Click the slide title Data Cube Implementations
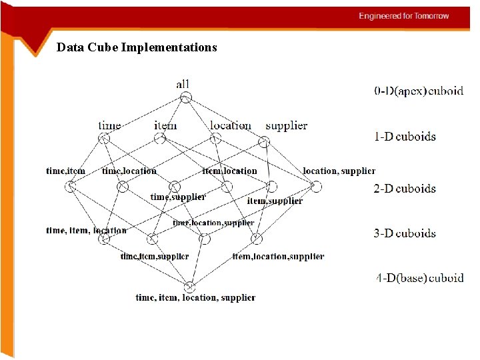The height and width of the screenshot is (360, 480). coord(137,47)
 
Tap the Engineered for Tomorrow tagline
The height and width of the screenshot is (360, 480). coord(404,16)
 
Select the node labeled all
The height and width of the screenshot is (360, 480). coord(183,84)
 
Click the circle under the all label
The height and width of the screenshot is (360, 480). coord(186,97)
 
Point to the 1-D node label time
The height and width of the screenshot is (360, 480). coord(109,125)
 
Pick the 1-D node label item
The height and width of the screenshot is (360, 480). coord(165,125)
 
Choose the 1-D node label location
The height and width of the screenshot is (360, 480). coord(230,125)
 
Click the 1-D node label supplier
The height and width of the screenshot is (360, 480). coord(286,125)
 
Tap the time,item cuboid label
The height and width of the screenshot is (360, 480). coord(65,171)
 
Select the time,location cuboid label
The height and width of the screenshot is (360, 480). coord(129,171)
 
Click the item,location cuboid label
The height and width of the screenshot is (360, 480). coord(230,171)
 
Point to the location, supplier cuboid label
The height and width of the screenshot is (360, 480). coord(339,171)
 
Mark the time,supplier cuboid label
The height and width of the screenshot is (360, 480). coord(178,197)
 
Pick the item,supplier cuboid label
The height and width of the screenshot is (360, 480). coord(275,201)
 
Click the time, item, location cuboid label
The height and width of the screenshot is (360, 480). coord(86,231)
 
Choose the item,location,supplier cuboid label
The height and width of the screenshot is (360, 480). coord(278,256)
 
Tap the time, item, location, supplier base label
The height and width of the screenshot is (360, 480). coord(195,297)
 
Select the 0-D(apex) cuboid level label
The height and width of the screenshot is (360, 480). coord(419,91)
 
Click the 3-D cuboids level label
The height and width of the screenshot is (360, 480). coord(405,233)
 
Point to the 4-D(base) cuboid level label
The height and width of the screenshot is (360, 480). coord(419,278)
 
